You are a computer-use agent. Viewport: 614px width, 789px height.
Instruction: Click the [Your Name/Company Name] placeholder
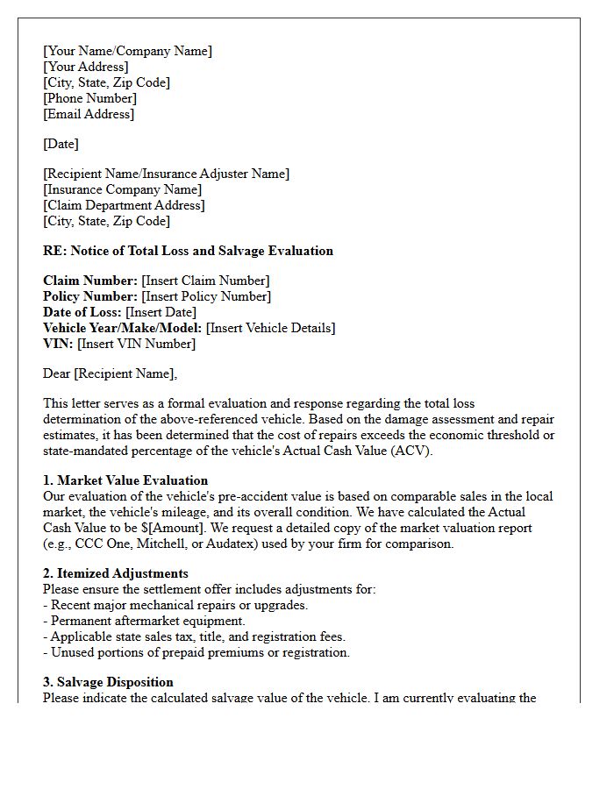(x=127, y=51)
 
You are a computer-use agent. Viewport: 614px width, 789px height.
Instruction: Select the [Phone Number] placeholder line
(x=89, y=98)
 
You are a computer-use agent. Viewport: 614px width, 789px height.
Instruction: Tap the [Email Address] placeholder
(x=89, y=114)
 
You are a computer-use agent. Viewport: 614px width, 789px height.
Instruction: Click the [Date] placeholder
(x=61, y=144)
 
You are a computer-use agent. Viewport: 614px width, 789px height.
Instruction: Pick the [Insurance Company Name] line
(x=122, y=189)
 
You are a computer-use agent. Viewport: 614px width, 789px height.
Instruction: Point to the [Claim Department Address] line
(x=124, y=205)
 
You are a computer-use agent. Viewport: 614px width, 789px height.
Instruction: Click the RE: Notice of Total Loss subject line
(x=188, y=251)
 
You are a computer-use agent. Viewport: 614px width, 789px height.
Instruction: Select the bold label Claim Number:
(x=90, y=281)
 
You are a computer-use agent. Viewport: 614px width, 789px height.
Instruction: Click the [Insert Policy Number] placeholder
(x=206, y=296)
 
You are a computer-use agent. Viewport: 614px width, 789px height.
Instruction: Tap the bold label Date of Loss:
(x=82, y=312)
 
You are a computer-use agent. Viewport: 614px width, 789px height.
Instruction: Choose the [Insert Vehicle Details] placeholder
(x=270, y=328)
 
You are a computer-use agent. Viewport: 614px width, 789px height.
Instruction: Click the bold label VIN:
(x=58, y=344)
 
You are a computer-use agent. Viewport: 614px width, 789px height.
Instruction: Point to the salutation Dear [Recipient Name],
(x=110, y=373)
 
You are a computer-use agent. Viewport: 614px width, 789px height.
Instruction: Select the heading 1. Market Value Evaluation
(x=125, y=480)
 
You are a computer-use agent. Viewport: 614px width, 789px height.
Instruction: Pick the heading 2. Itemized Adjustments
(x=115, y=573)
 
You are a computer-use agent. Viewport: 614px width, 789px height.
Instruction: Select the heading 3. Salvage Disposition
(x=108, y=682)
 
